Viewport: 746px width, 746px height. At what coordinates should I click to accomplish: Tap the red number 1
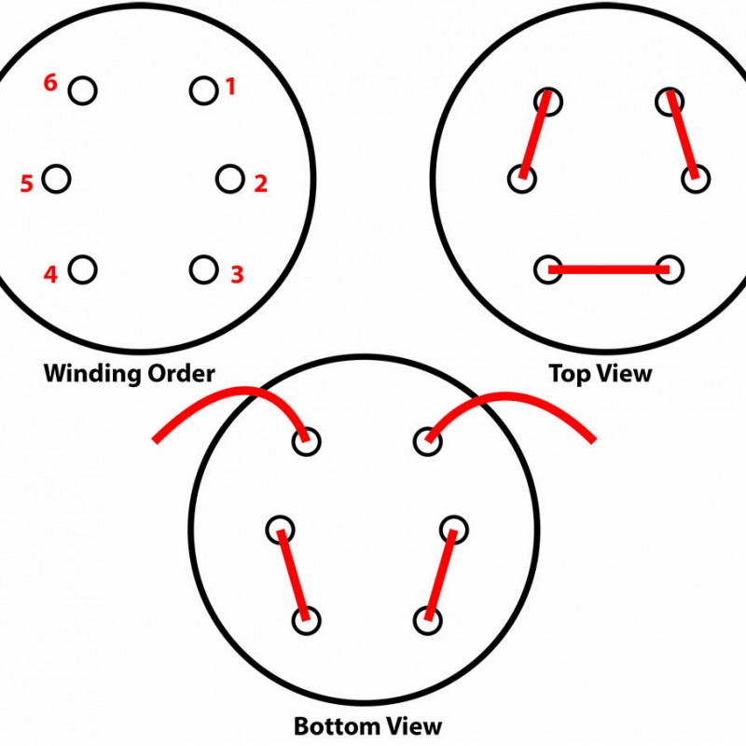[x=230, y=88]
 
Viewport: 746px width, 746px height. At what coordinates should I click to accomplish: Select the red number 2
[x=260, y=184]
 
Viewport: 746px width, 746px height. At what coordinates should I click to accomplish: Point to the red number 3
[x=237, y=274]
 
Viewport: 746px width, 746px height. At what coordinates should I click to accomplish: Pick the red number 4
[x=50, y=274]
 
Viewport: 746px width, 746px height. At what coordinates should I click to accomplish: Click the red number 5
[x=26, y=184]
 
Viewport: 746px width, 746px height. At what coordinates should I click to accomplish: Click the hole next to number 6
[x=83, y=90]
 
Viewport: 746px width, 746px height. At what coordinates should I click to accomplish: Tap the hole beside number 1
[x=203, y=90]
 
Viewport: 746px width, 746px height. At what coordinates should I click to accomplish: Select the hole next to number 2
[x=229, y=178]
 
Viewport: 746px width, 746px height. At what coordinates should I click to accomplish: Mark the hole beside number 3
[x=203, y=269]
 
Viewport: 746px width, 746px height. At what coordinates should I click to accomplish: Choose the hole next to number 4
[x=83, y=269]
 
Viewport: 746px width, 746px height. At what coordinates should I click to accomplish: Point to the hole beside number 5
[x=56, y=178]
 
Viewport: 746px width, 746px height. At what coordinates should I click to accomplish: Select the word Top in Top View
[x=569, y=375]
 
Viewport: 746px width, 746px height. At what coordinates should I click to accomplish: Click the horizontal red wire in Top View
[x=609, y=269]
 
